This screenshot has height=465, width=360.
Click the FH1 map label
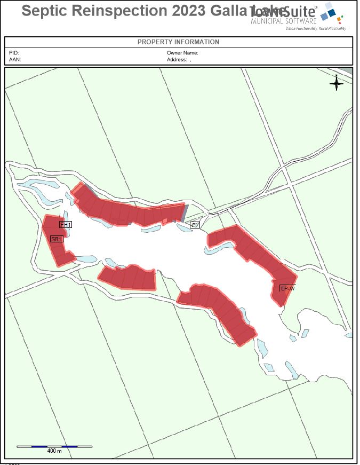[x=66, y=225]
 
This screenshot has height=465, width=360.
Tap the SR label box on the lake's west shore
[x=56, y=239]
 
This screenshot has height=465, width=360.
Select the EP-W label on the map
[x=287, y=288]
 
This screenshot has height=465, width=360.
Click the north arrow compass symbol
[x=337, y=83]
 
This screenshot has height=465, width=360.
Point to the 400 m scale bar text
[x=54, y=451]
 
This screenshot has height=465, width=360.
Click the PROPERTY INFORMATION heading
[x=178, y=42]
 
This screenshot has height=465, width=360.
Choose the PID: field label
[x=14, y=53]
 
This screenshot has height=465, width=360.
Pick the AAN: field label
[x=14, y=60]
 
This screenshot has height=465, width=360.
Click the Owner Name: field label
[x=182, y=53]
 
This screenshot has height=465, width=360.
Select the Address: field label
[x=177, y=60]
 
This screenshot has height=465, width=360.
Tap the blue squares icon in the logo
[x=330, y=12]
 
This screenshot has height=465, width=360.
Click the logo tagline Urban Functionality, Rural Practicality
[x=316, y=28]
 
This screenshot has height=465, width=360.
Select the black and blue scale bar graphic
[x=54, y=446]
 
